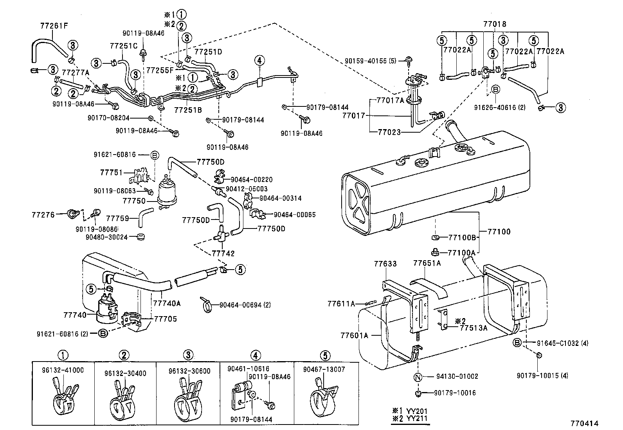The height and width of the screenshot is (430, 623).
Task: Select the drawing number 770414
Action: tap(584, 423)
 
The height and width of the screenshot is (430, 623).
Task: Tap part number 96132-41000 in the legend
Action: tap(62, 370)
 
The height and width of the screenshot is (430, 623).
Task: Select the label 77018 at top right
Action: tap(495, 24)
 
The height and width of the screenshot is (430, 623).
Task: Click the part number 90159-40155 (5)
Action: tap(371, 61)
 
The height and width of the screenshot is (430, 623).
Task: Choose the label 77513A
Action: tap(474, 328)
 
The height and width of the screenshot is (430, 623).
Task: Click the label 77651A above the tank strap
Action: tap(427, 263)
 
